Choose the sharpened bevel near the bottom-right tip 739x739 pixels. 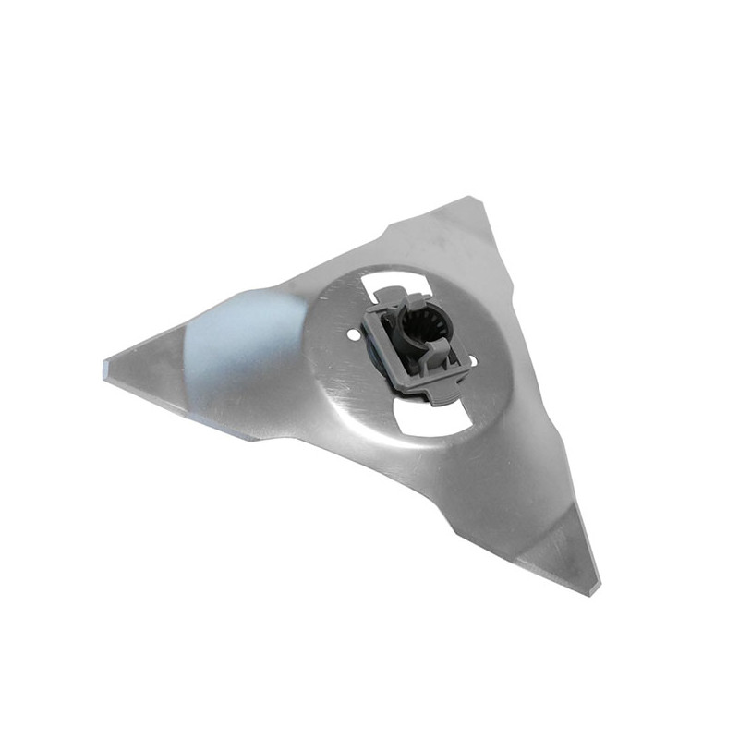click(554, 554)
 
